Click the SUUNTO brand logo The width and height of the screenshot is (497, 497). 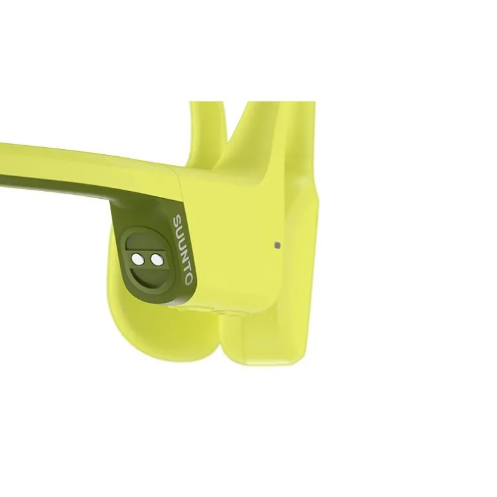pos(182,249)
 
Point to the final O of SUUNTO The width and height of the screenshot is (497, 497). pos(188,279)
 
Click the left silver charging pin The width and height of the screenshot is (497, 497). pos(138,259)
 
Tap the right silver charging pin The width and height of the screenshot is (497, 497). pos(156,260)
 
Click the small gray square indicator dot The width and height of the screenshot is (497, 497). pos(278,245)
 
